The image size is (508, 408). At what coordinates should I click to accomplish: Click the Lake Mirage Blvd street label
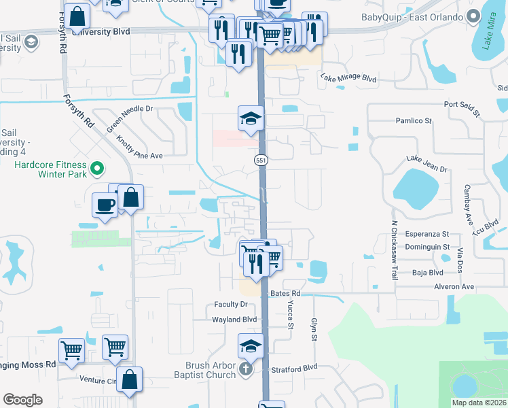348,79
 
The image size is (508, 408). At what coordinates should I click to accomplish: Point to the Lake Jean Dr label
427,163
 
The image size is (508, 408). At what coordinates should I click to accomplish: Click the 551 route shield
261,160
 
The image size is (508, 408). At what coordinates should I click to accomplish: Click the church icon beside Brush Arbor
246,370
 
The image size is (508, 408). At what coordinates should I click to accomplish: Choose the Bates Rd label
285,293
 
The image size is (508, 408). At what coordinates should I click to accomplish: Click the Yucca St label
290,314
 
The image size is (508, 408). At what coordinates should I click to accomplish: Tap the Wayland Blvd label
234,320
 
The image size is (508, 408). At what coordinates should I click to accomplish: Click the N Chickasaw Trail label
394,251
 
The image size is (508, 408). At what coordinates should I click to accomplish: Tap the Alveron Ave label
454,287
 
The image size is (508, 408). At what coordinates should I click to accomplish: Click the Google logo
22,400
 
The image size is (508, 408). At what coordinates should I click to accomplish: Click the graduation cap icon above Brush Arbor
251,346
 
